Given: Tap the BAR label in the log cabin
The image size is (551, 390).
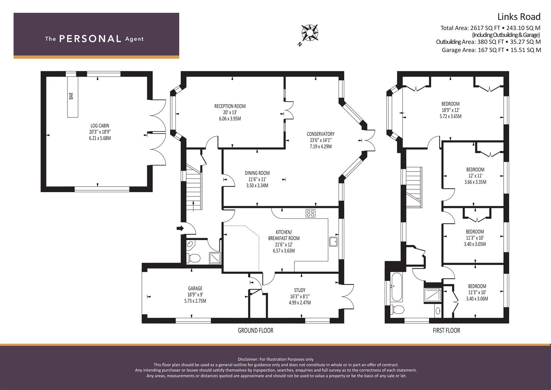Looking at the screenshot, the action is (x=71, y=96).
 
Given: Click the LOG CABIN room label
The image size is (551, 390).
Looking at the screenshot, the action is (x=100, y=126).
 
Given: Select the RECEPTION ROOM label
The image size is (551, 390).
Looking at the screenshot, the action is (x=230, y=106).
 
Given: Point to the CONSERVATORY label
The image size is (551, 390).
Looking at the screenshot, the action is (x=320, y=134).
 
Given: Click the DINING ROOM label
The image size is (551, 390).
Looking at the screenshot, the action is (x=257, y=173).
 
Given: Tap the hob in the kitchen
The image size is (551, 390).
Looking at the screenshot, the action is (x=310, y=213).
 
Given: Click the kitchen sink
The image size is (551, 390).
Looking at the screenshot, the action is (x=333, y=242).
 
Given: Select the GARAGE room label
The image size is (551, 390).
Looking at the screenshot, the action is (x=195, y=288).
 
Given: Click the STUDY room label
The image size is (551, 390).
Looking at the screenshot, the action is (x=299, y=290).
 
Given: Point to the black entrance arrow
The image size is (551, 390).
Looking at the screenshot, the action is (x=180, y=228).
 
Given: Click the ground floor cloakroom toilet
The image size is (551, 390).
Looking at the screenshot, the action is (x=193, y=258).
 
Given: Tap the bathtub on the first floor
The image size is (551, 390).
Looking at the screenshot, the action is (x=397, y=287).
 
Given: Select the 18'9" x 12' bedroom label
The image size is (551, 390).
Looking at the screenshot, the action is (x=450, y=110).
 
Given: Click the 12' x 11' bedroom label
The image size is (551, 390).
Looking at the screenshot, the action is (x=475, y=176).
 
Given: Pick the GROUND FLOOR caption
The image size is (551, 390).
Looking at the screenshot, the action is (x=255, y=330).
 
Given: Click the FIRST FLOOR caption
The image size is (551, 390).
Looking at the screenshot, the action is (x=446, y=330).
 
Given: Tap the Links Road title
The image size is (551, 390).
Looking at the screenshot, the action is (x=519, y=17).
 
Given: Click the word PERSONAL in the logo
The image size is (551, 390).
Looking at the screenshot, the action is (x=90, y=39).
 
